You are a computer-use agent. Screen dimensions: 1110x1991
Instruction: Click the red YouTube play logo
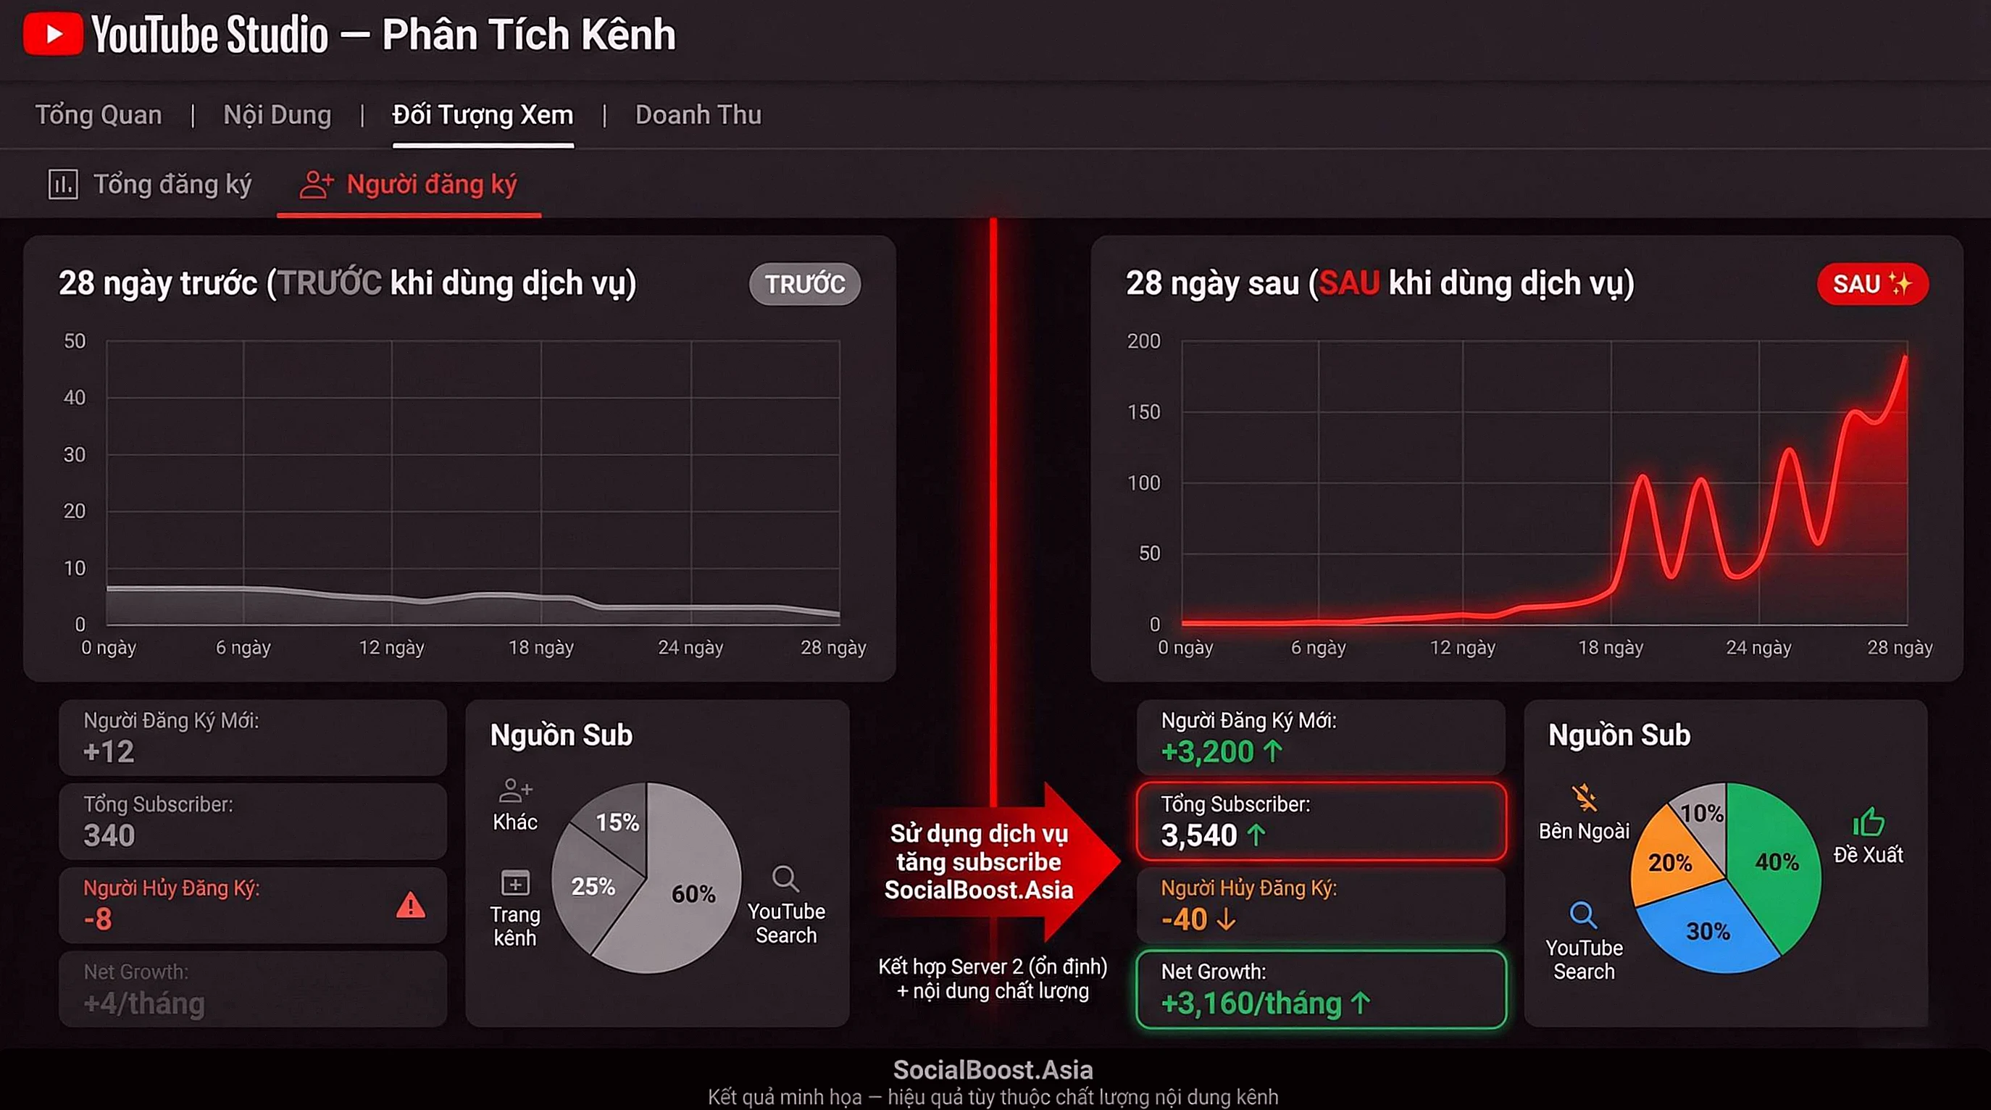pos(53,34)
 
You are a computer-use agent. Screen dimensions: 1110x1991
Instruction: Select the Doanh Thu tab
pos(698,115)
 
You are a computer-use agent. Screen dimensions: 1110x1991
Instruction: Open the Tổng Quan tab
pos(99,115)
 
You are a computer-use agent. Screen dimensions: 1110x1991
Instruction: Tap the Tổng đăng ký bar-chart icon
pos(62,185)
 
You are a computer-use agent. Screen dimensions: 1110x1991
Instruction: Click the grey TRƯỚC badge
pos(805,284)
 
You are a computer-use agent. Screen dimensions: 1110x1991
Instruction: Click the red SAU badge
pos(1871,284)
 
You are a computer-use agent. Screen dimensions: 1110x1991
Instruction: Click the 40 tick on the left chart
pos(74,397)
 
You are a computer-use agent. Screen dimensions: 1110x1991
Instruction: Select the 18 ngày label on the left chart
pos(541,647)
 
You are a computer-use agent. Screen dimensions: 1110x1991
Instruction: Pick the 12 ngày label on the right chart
pos(1462,647)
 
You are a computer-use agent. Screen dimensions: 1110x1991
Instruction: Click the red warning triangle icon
pos(410,904)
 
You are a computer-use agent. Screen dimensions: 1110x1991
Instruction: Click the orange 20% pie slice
pos(1669,862)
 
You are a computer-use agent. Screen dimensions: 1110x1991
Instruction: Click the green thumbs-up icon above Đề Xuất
pos(1868,822)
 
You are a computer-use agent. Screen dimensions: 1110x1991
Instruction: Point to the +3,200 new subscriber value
pos(1207,751)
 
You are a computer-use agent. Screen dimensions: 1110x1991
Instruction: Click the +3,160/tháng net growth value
pos(1251,1003)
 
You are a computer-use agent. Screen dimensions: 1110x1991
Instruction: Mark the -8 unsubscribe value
pos(98,919)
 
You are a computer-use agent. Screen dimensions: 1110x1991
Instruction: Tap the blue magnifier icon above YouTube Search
pos(1583,914)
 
